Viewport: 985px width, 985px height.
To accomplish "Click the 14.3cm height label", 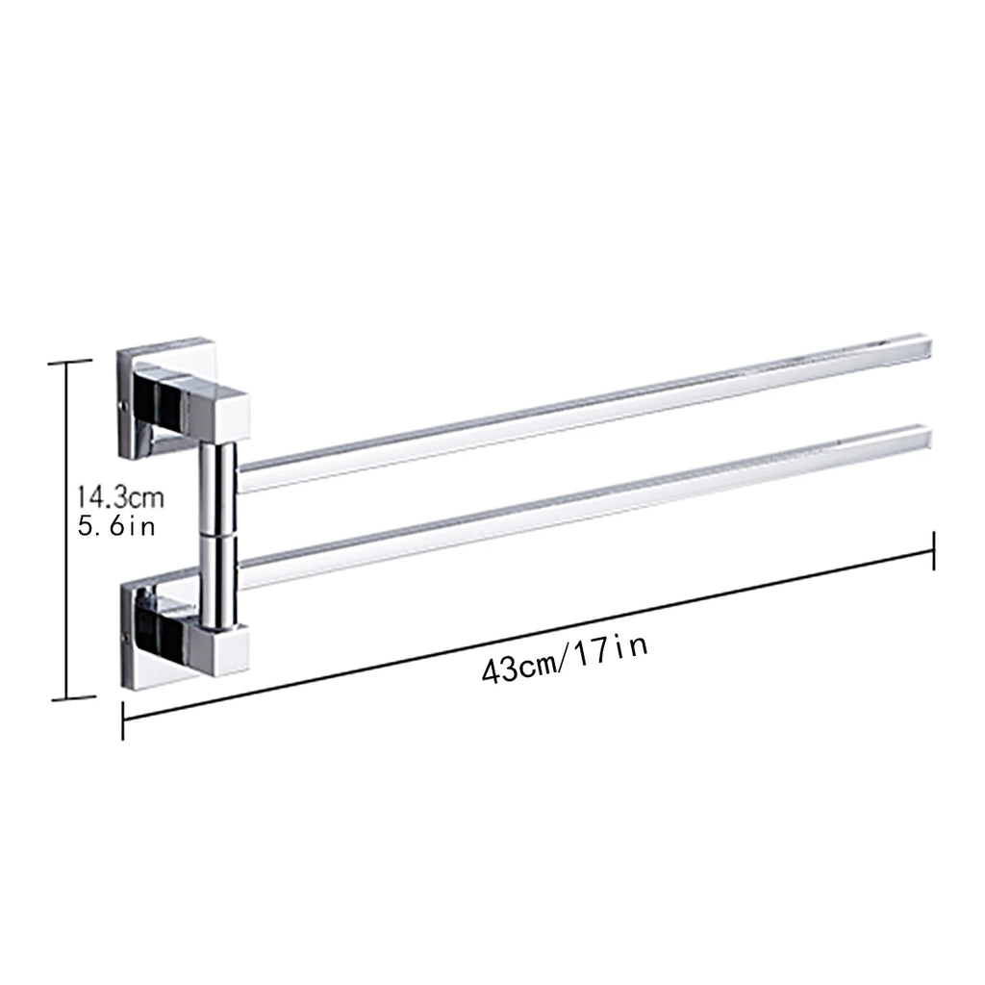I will [120, 498].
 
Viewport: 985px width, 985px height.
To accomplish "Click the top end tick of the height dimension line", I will [70, 362].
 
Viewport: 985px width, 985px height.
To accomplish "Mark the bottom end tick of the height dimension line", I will [70, 698].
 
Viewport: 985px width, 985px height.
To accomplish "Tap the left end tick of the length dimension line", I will [123, 720].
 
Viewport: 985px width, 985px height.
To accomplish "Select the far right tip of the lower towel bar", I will [925, 440].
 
